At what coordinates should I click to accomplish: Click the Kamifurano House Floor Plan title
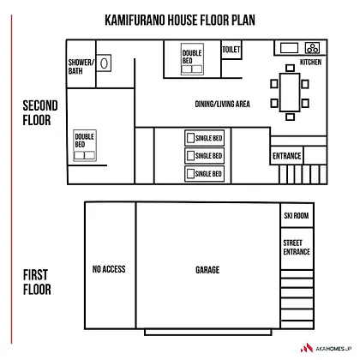pos(180,20)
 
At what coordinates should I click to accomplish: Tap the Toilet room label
pos(231,50)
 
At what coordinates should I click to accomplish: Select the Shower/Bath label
pos(81,67)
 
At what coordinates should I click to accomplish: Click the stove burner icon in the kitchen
pos(312,48)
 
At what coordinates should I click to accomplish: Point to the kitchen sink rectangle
pos(289,48)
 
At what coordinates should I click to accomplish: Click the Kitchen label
pos(310,62)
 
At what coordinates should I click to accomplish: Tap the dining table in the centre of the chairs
pos(290,93)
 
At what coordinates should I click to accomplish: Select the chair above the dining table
pos(290,68)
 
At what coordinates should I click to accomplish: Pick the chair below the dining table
pos(290,117)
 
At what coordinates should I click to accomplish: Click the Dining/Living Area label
pos(222,104)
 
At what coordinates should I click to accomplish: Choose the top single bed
pos(204,138)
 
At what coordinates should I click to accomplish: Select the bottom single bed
pos(204,174)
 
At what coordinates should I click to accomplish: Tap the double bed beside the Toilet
pos(192,59)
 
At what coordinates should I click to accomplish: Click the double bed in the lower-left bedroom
pos(85,146)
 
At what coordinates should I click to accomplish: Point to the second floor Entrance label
pos(287,156)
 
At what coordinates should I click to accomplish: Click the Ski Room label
pos(297,215)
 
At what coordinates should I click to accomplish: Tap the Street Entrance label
pos(297,248)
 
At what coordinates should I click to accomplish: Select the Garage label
pos(207,270)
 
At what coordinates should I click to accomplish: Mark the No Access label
pos(109,269)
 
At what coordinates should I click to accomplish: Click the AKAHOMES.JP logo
pos(326,348)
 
